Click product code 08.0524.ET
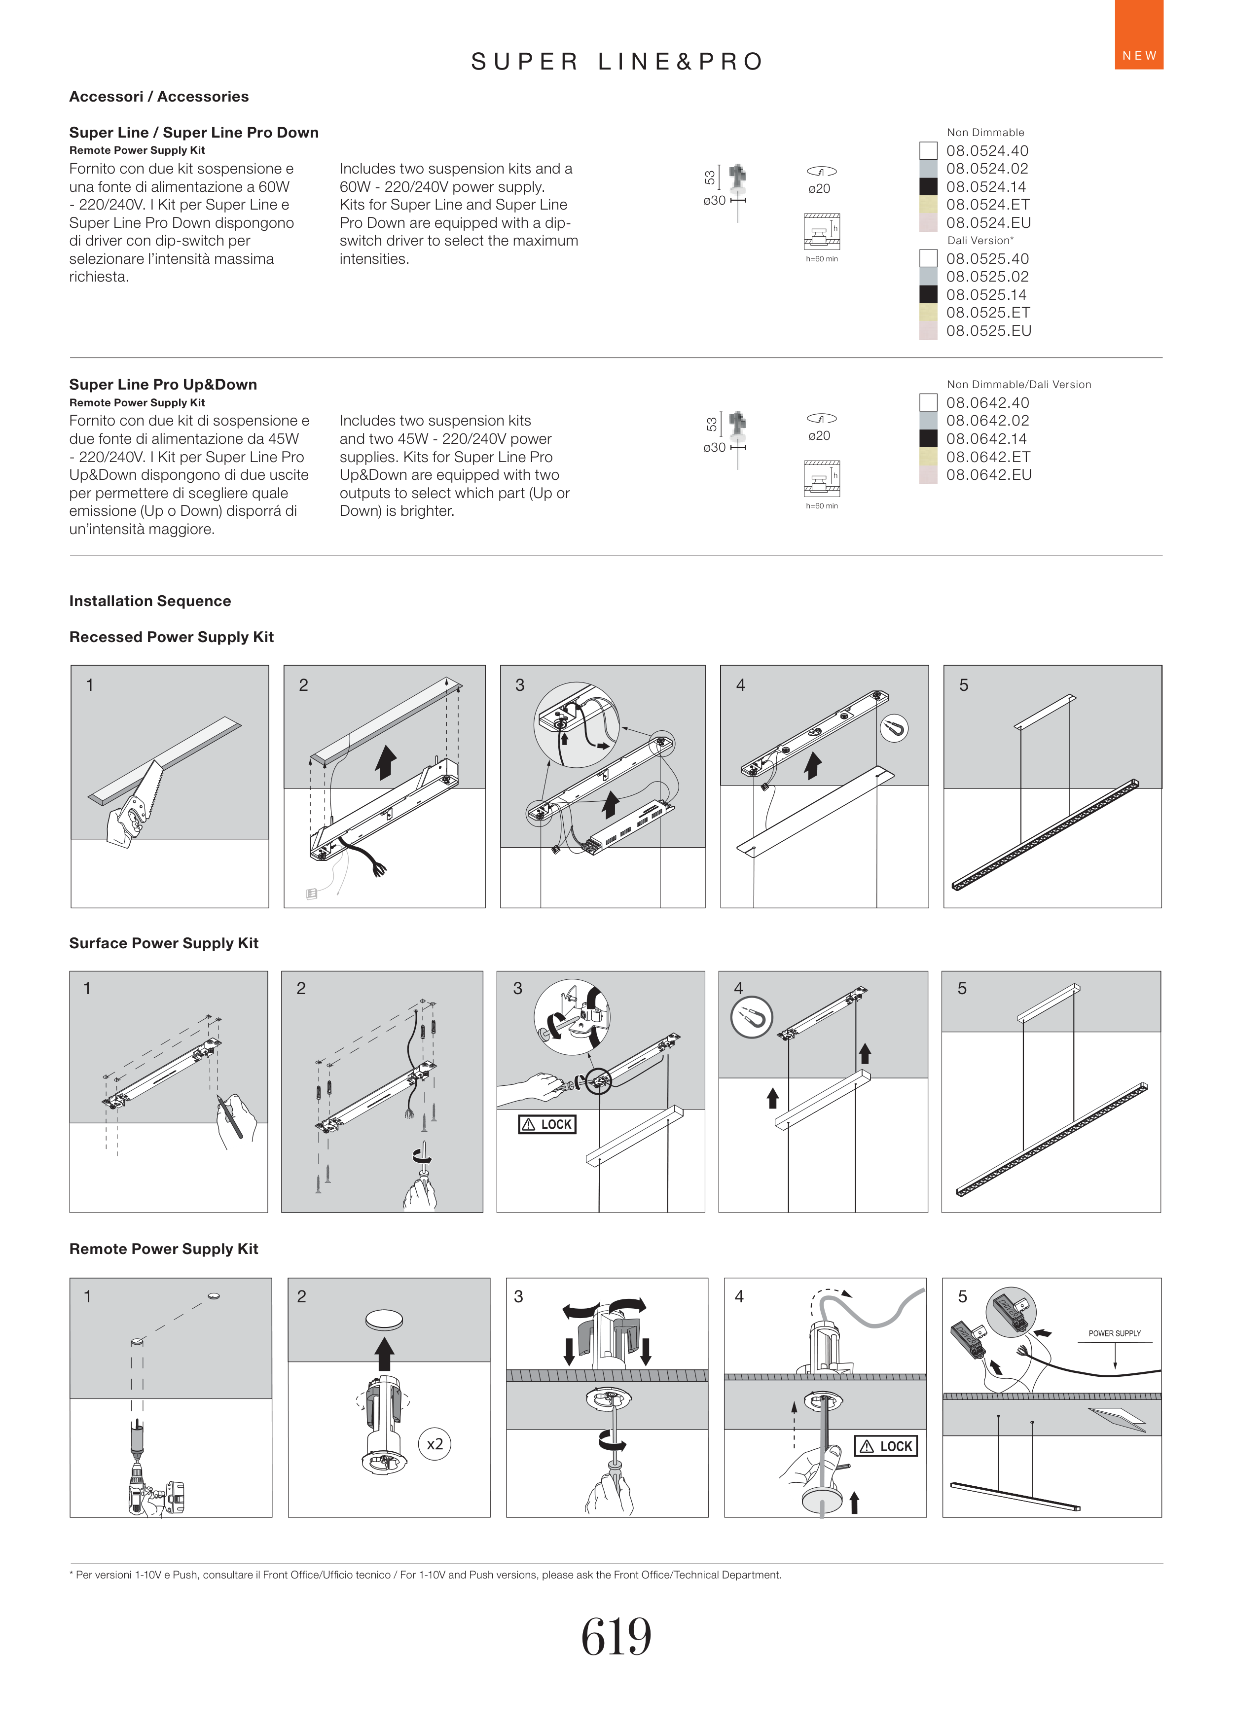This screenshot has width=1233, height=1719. [987, 205]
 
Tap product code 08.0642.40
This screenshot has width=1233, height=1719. [987, 402]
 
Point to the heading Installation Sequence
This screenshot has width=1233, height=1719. [150, 601]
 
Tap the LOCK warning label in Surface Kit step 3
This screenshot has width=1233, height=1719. [547, 1124]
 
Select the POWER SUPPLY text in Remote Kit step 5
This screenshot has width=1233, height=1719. [1114, 1333]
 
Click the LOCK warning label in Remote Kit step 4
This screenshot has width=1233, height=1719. [886, 1446]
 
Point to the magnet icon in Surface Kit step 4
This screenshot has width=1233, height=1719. [751, 1017]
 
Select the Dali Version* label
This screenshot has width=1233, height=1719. [980, 240]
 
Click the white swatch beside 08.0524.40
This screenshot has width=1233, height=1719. [928, 150]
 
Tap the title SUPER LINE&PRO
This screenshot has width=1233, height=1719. [616, 61]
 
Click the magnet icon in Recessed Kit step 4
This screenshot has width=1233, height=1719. [894, 728]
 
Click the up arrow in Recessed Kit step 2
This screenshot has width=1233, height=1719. [387, 762]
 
